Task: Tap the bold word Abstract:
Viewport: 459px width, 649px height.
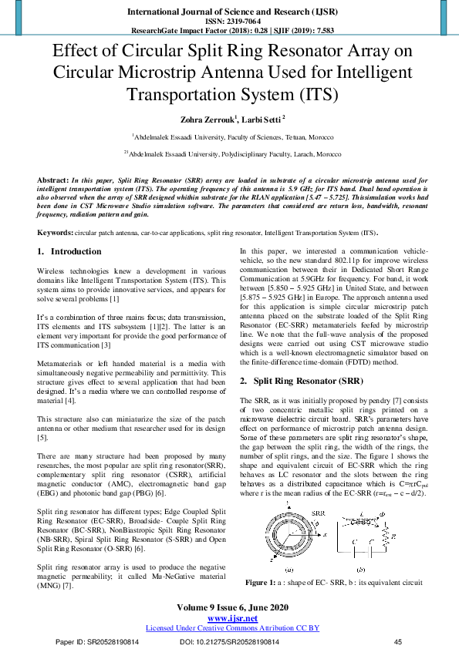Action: pos(55,179)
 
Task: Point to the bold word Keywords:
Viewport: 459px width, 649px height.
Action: pos(56,233)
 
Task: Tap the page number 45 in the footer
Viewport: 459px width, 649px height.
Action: pos(398,642)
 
